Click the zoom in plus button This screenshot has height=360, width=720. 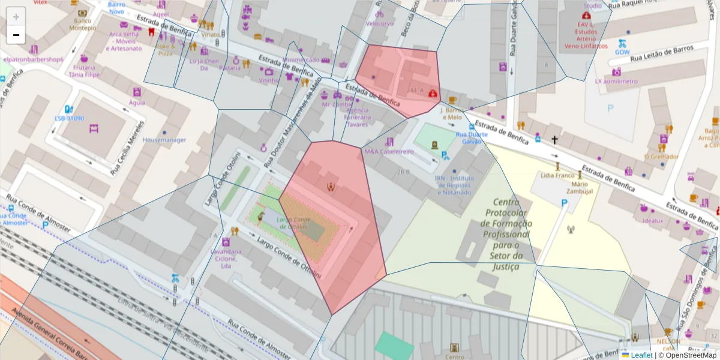[16, 16]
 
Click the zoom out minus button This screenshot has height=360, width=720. [16, 35]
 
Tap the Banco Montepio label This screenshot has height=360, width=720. [82, 25]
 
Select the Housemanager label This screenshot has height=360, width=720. [164, 140]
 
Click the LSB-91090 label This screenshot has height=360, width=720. [69, 118]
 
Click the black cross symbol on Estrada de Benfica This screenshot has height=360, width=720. [555, 140]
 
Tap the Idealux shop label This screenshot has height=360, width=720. [653, 220]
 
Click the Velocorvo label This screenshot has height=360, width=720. [380, 23]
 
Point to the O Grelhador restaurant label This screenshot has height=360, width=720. [661, 157]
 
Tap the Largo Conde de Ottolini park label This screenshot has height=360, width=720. [292, 223]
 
